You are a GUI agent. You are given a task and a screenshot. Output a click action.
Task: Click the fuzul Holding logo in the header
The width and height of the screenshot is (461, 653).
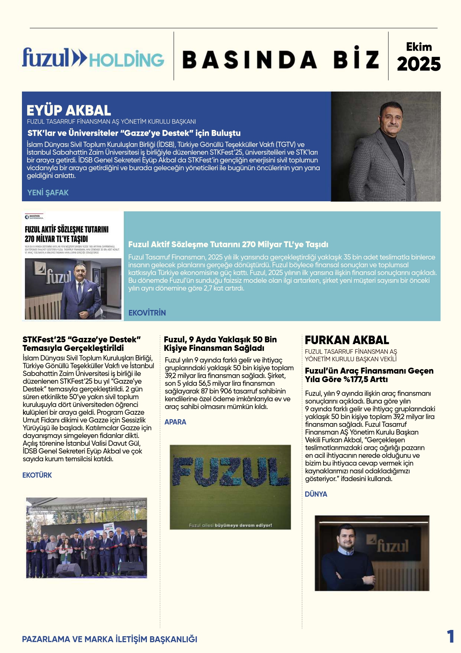(93, 58)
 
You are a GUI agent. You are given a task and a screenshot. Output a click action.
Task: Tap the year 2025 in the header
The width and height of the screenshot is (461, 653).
(419, 64)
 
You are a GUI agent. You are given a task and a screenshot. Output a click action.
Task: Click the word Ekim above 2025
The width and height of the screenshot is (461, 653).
(419, 47)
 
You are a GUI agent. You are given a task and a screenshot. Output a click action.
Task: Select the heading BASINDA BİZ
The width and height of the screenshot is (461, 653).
(281, 59)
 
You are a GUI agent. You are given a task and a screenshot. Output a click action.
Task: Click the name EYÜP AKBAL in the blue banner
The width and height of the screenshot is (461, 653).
(69, 111)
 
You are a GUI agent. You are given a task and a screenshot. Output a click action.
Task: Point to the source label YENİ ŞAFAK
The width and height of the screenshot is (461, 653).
(48, 193)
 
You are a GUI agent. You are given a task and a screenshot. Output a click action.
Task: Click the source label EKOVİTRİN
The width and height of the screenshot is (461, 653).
(147, 313)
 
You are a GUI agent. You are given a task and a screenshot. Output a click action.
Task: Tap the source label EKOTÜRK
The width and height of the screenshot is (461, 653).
(37, 475)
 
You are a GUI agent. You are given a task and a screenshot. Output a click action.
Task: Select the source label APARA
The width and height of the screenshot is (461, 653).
(175, 422)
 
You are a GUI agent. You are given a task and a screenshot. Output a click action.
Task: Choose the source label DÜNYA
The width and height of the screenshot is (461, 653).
(316, 494)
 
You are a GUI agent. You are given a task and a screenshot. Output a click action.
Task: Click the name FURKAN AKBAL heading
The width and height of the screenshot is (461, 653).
(347, 340)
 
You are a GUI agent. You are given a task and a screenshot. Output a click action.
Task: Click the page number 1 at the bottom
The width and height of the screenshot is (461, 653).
(450, 637)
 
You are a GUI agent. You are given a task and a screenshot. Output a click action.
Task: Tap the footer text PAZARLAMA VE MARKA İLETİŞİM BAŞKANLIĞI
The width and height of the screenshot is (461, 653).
(110, 639)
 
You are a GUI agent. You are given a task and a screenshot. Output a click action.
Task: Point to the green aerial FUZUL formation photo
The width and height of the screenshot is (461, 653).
(230, 487)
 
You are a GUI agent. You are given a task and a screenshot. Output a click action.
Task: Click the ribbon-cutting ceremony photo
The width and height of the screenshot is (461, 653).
(87, 538)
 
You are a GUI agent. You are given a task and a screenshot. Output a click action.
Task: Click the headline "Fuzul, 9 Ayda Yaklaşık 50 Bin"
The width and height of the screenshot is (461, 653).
(220, 339)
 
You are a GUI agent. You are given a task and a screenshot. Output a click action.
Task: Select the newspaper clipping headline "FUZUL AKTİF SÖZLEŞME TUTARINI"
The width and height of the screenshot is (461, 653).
(67, 229)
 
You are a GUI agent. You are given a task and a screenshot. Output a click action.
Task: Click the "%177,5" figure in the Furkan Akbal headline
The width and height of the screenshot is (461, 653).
(366, 380)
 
